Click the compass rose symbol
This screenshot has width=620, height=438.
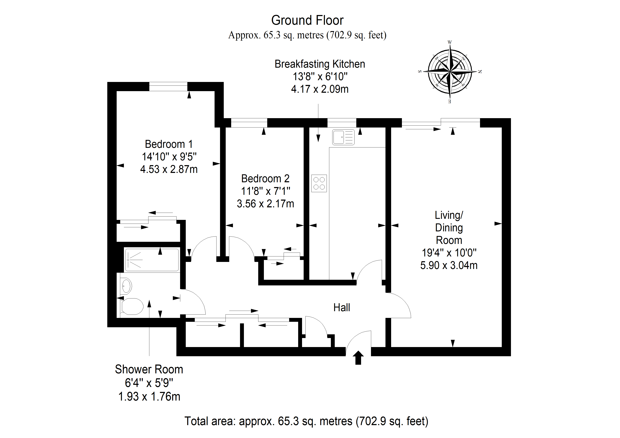coord(450,72)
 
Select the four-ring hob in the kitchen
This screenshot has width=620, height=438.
coord(319,184)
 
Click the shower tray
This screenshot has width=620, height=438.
coord(152,260)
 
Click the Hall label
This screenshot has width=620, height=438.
coord(342,307)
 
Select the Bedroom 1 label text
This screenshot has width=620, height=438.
coord(169,144)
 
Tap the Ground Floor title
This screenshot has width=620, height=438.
coord(307,20)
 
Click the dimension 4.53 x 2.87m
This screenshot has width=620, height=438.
coord(169,169)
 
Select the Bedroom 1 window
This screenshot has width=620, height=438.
coord(168,87)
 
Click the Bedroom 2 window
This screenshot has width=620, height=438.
coord(249,123)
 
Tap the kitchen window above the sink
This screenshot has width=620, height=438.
coord(342,123)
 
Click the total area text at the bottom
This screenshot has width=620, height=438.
coord(306,421)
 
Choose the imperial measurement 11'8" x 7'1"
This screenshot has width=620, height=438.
coord(265,191)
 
